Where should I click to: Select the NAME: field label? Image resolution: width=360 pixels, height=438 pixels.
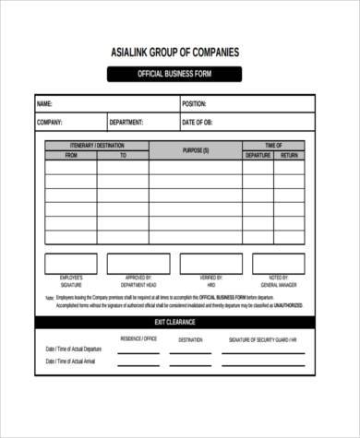click(44, 104)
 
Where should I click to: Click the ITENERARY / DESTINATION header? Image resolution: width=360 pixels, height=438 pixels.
click(97, 146)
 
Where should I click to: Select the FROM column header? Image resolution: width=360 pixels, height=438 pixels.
click(71, 156)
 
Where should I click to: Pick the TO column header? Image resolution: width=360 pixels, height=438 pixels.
click(123, 156)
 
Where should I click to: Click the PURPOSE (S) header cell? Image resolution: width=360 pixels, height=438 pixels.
click(195, 150)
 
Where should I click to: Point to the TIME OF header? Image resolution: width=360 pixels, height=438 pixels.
click(273, 146)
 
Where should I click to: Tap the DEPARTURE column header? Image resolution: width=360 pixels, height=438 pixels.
click(258, 156)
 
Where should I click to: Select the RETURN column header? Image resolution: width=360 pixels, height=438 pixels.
click(289, 156)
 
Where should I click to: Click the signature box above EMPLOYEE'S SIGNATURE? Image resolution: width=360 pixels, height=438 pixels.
click(71, 264)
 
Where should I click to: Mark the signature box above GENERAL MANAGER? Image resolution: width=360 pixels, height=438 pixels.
click(279, 264)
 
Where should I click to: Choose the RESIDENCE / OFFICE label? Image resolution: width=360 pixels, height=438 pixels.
click(138, 339)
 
